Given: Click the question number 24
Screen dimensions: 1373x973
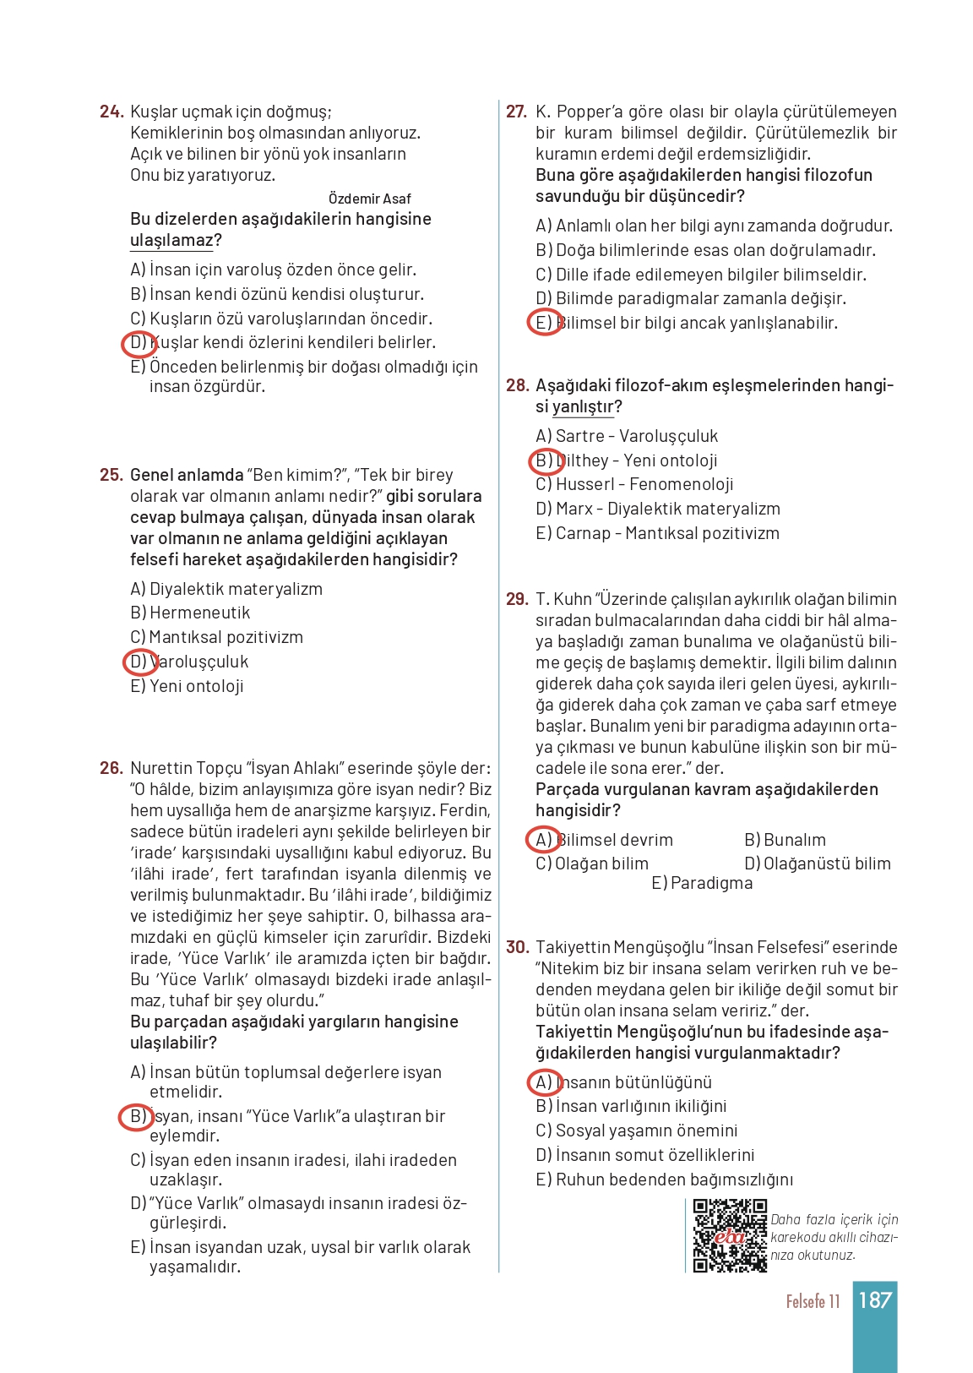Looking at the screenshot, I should [x=111, y=112].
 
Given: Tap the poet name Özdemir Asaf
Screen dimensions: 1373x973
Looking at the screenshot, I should [x=369, y=199].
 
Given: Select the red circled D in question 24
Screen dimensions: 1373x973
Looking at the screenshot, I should [x=139, y=343].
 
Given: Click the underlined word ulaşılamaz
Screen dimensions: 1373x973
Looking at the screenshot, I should [x=171, y=241].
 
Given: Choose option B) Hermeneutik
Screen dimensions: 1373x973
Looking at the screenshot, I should [x=190, y=613].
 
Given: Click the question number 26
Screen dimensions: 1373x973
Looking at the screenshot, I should [x=111, y=768].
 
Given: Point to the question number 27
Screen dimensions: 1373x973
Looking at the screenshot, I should [x=516, y=112].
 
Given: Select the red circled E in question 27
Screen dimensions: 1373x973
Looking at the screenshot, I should [x=544, y=323].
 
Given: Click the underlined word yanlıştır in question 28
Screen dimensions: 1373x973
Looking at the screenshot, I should [x=583, y=406].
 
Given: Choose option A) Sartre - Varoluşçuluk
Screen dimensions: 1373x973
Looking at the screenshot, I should [x=627, y=436].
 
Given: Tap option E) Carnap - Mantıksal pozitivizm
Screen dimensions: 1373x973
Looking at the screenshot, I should [x=657, y=533].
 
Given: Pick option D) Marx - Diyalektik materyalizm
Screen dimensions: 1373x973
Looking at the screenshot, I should [x=657, y=509].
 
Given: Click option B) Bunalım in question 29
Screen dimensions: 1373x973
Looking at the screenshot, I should [x=785, y=840].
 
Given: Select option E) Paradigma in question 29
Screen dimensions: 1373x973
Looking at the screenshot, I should [x=701, y=883].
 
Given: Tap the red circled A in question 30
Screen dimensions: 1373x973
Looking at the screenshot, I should [x=544, y=1082].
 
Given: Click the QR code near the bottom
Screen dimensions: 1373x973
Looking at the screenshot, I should [x=730, y=1235].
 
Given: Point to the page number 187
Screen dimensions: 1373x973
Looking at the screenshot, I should [x=875, y=1300].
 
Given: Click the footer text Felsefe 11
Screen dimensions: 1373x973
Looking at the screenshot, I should [x=813, y=1301].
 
